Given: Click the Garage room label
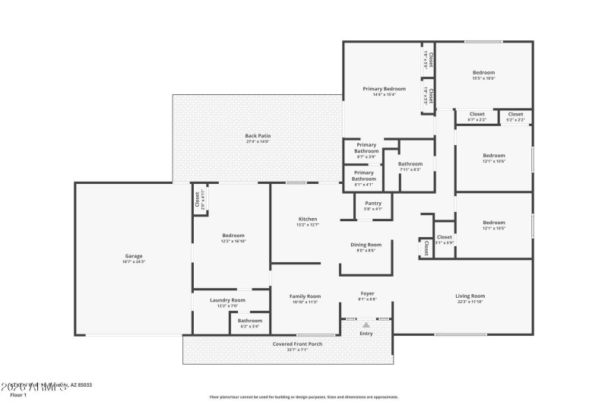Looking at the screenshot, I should tap(134, 256).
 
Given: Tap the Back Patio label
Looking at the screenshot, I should tap(258, 136).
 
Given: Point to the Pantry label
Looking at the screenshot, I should tap(373, 203).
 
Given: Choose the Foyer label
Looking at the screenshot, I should tap(367, 293).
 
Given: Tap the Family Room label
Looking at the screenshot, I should tap(304, 296).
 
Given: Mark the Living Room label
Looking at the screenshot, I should tap(470, 296).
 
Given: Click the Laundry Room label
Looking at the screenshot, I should tap(227, 300).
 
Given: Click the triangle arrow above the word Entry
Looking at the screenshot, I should tap(366, 324).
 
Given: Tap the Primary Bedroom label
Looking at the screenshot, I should tap(384, 89).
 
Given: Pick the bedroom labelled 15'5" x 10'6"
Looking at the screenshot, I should tap(483, 73).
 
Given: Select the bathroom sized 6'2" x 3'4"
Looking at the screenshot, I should tap(249, 321).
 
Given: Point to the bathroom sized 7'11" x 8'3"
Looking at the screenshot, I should tap(410, 164).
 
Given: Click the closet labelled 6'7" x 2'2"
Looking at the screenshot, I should tap(477, 115).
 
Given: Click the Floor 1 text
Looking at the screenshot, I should tap(17, 396).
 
